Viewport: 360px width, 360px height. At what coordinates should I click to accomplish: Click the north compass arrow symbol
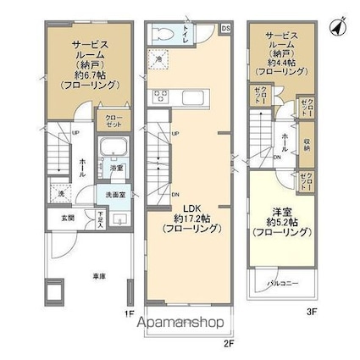coord(338,27)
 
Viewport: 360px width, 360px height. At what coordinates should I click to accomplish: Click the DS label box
coord(225,28)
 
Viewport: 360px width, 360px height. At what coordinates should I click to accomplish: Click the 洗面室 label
coord(114,195)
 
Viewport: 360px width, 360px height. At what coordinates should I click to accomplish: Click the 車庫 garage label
coord(87,275)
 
